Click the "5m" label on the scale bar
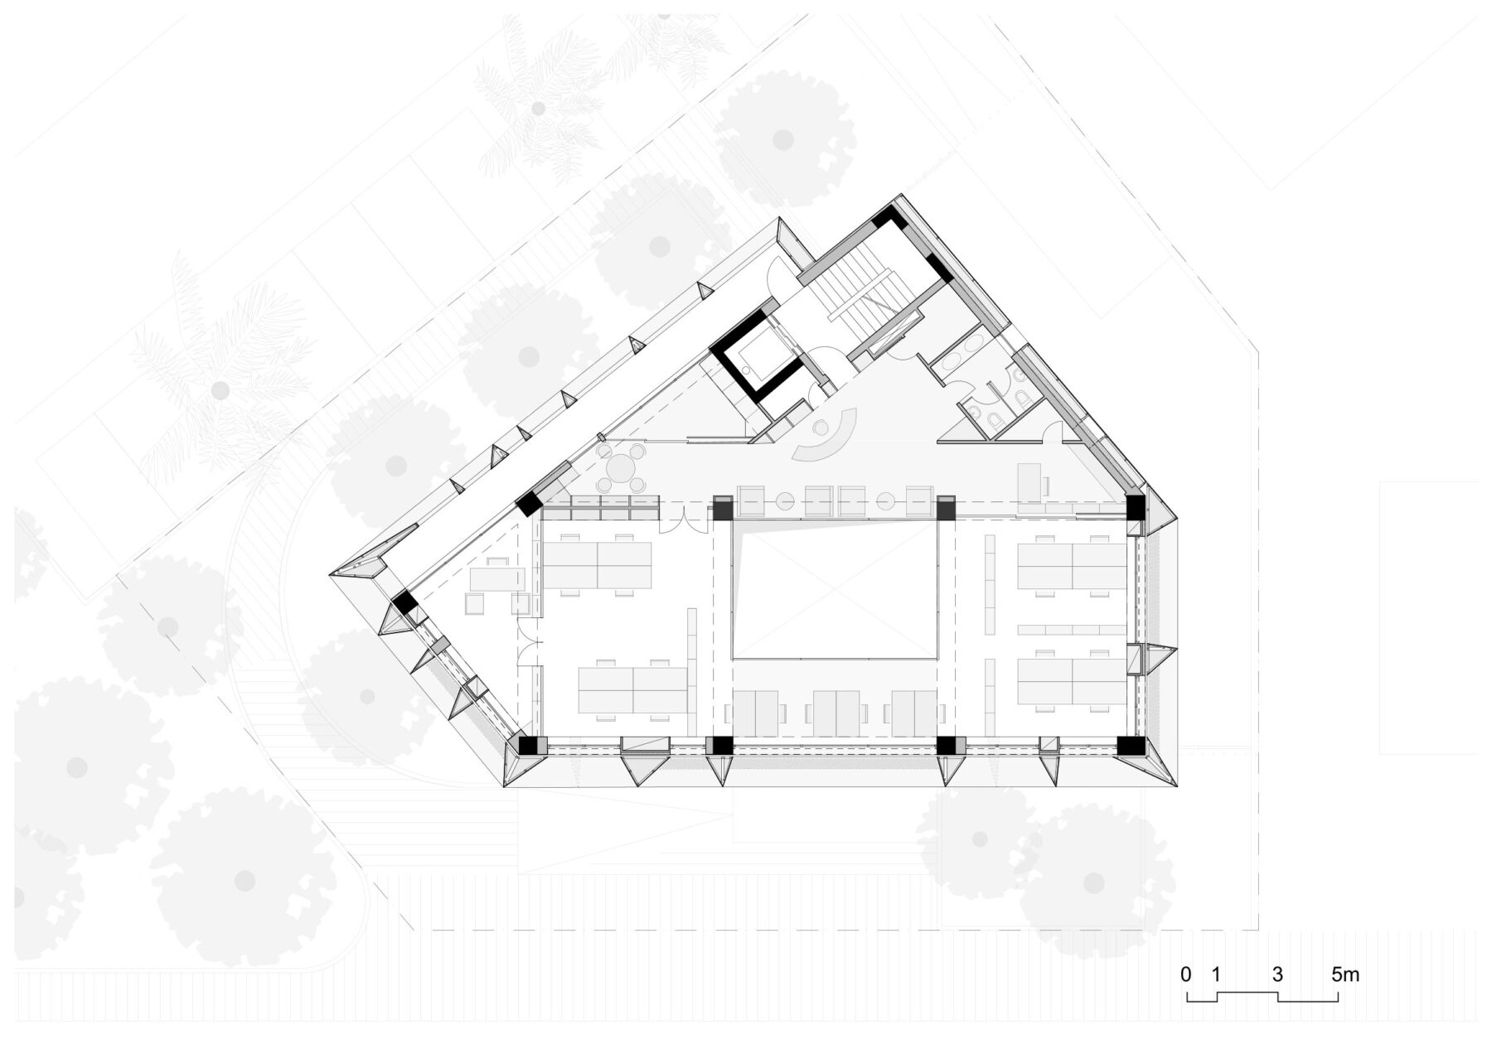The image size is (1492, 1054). click(1345, 974)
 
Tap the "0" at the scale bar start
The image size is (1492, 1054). click(1186, 974)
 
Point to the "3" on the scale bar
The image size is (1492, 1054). click(1277, 974)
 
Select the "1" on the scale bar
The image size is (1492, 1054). click(1216, 974)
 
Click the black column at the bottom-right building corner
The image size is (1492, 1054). click(1131, 745)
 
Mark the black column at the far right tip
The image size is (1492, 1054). click(1135, 507)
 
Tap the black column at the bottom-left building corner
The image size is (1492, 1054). click(527, 745)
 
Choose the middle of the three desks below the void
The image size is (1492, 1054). click(835, 713)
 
